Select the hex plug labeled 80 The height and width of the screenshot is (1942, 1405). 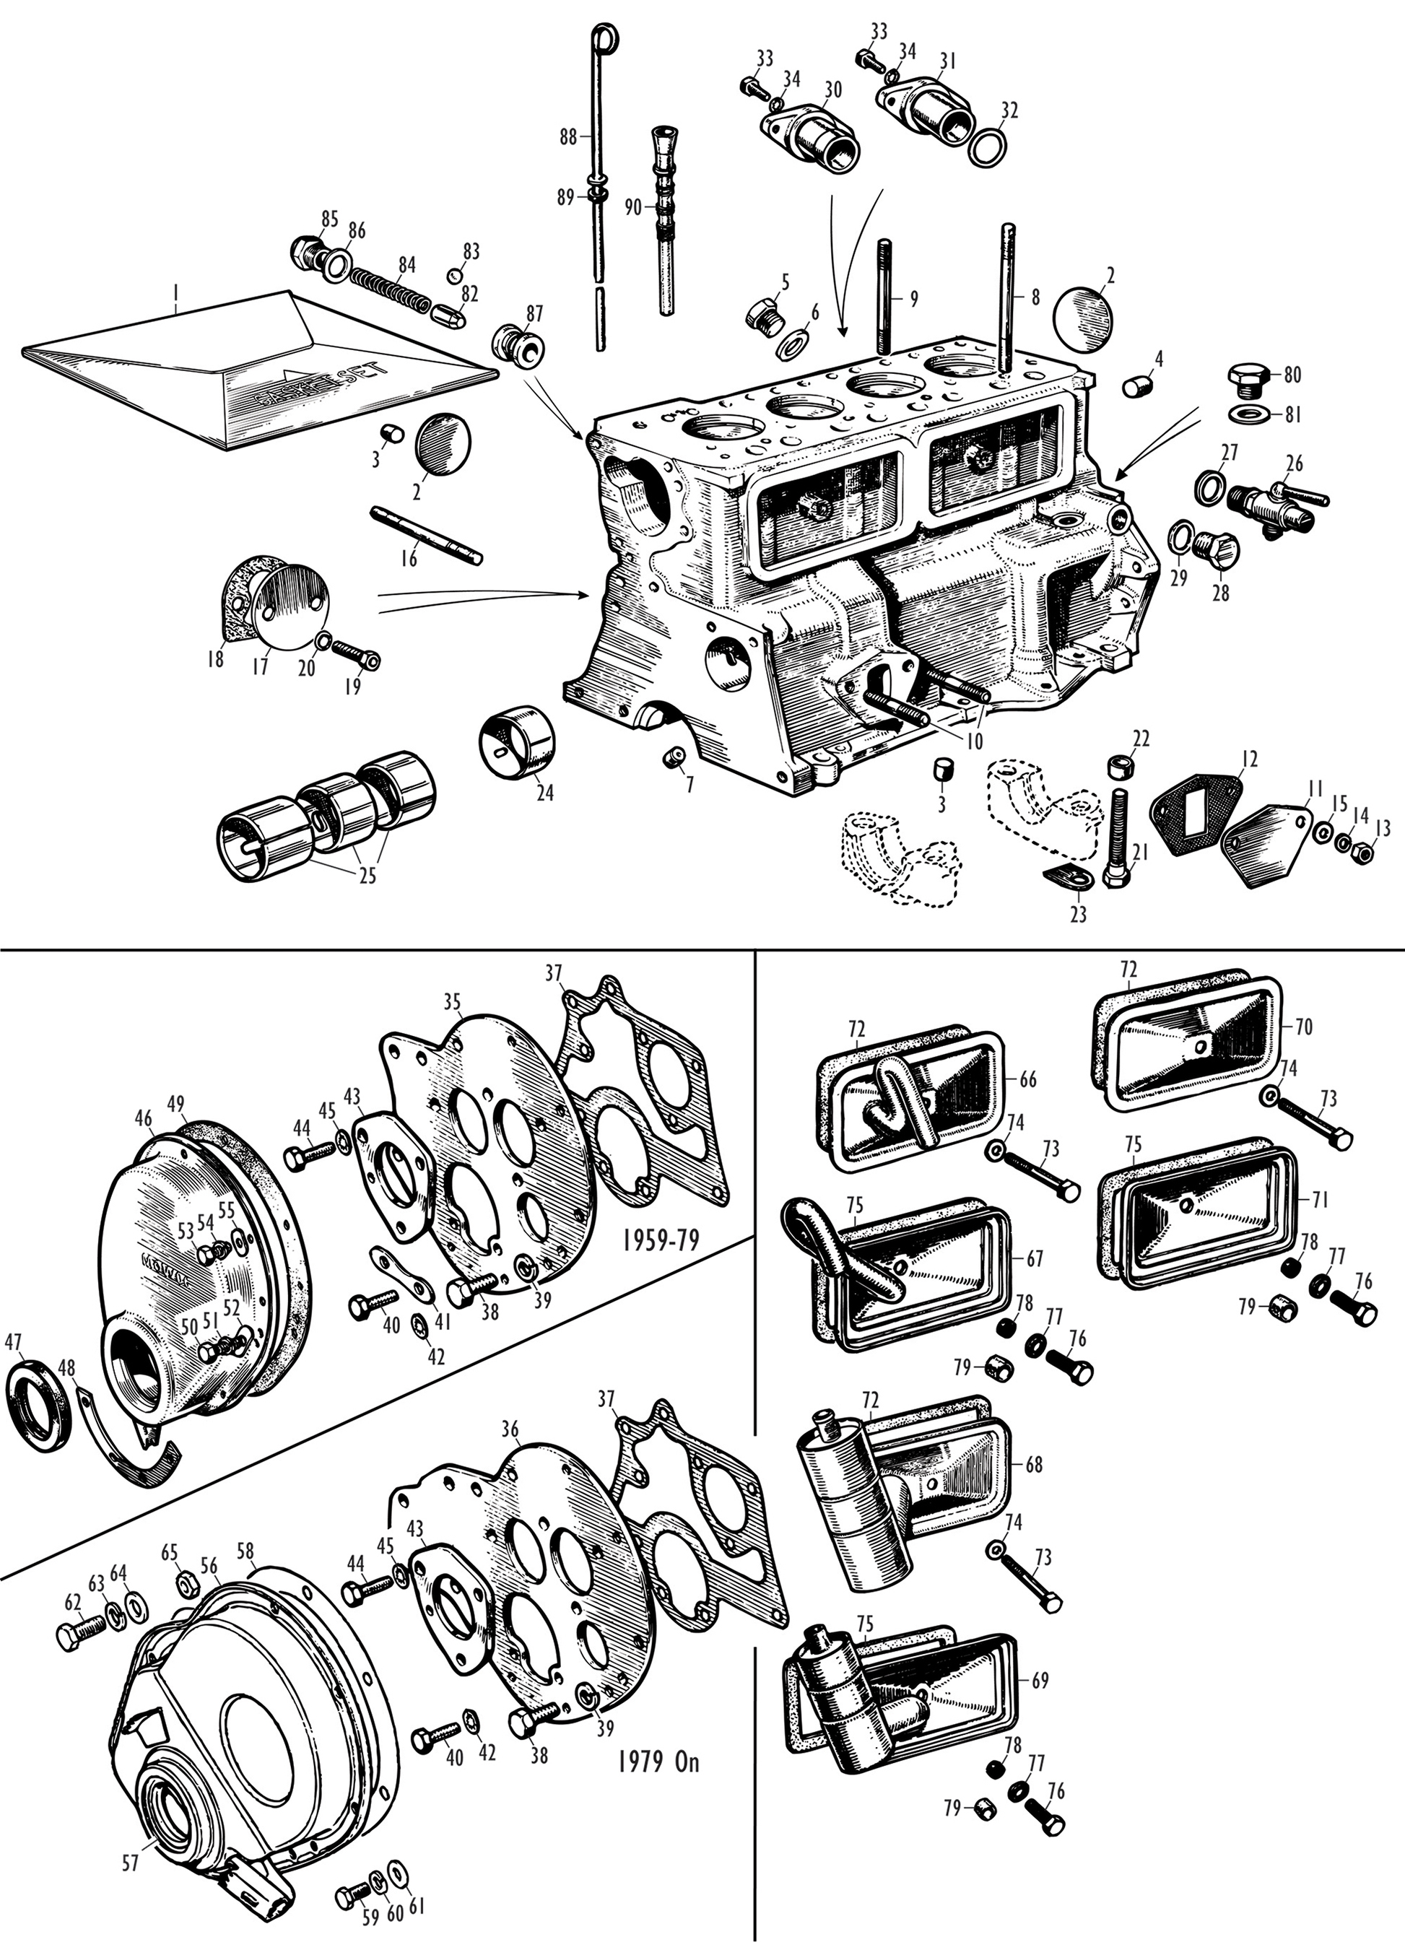coord(1251,378)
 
